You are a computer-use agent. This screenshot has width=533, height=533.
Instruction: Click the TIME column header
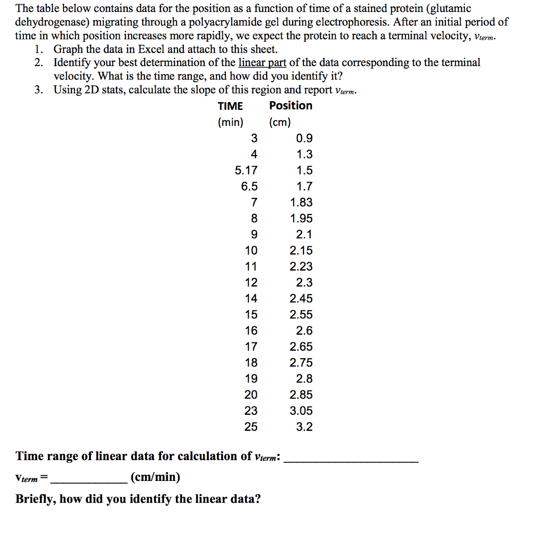pos(230,106)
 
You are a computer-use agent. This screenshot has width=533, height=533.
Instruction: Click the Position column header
pos(290,106)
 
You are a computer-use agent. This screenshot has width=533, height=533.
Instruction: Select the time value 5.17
pos(246,170)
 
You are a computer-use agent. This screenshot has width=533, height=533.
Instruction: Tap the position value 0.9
pos(304,138)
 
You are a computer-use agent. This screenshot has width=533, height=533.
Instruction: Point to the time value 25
pos(251,427)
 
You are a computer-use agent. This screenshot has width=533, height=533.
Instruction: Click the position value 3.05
pos(301,411)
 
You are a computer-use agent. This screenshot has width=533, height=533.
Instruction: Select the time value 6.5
pos(249,186)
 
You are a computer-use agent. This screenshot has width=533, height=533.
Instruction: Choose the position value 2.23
pos(301,266)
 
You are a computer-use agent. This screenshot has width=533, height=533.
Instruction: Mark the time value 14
pos(251,299)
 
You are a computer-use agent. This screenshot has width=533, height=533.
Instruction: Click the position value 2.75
pos(301,363)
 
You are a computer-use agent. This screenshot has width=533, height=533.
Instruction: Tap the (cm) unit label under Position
pos(280,123)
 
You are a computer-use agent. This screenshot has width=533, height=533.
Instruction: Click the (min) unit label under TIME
pos(230,123)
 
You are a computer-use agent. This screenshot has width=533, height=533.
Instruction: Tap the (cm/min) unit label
pos(156,477)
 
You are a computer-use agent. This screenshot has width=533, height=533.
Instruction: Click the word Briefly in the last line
pos(36,499)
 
